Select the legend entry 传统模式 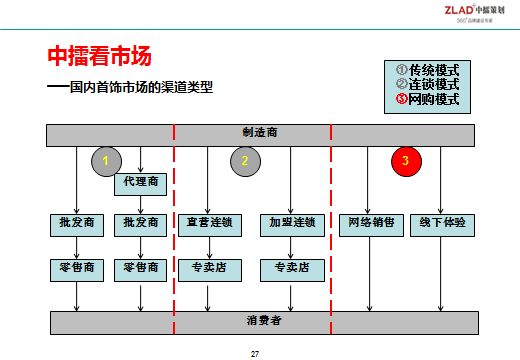tap(427, 70)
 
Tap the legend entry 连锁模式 tap(427, 85)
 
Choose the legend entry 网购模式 tap(427, 99)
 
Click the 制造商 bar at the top tap(260, 133)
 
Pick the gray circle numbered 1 tap(106, 160)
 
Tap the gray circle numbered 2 tap(244, 160)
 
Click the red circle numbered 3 tap(405, 160)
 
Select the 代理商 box tap(141, 183)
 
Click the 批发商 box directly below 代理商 tap(141, 223)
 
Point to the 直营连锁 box tap(208, 223)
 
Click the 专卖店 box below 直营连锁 tap(208, 268)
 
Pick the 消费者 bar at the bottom tap(260, 321)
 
